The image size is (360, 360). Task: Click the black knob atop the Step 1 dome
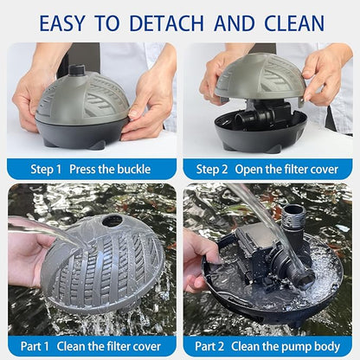[77, 69]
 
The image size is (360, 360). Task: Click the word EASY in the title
[67, 22]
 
